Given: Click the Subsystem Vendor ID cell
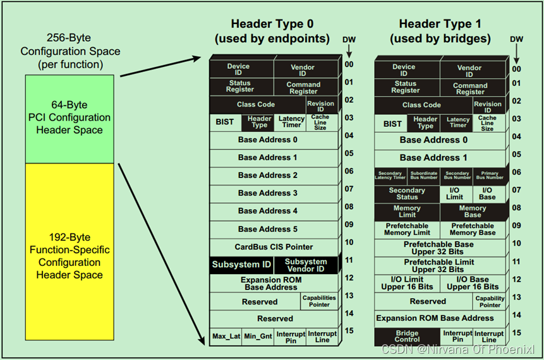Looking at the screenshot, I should point(306,265).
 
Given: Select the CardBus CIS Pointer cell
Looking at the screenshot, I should point(275,247).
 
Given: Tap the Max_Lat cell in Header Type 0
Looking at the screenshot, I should point(226,337).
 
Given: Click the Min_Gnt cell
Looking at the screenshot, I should point(258,337).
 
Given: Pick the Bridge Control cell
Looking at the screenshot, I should point(407,337).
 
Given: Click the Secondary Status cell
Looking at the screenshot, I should point(407,194).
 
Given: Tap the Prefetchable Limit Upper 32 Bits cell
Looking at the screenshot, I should point(438,266).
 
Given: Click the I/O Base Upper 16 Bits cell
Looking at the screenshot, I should point(473,284).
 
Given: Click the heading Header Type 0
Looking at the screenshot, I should point(271,24).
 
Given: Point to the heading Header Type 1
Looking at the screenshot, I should point(440,24).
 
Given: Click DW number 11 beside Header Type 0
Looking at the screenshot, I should point(349,260).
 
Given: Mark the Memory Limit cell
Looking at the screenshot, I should point(407,212).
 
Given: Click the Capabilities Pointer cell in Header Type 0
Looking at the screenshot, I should point(319,301).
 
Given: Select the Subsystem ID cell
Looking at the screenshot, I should point(241,265).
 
